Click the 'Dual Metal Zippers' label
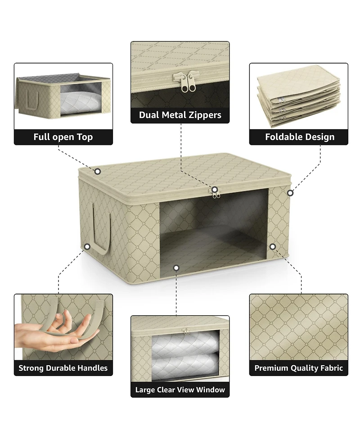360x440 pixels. (180, 115)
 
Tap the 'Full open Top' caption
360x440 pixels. (63, 137)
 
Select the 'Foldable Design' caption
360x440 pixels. (300, 136)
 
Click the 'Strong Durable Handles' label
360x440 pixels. (63, 368)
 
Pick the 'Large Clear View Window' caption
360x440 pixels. (180, 390)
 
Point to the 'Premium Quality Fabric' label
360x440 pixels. (299, 368)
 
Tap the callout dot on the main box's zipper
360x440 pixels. (215, 190)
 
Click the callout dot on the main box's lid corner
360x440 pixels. (98, 171)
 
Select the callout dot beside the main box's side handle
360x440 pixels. (87, 247)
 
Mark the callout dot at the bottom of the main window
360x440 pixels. (176, 268)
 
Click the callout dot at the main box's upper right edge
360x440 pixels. (290, 193)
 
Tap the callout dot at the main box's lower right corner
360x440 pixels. (273, 247)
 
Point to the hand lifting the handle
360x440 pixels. (56, 331)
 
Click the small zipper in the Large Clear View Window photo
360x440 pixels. (185, 331)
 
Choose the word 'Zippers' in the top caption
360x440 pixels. (204, 115)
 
